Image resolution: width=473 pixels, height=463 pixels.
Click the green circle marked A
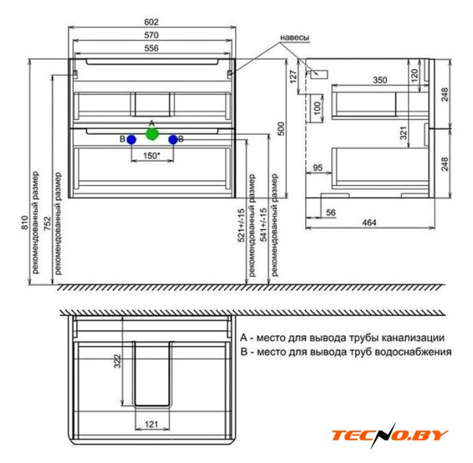[152, 134]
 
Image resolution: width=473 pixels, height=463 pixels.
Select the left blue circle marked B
[132, 140]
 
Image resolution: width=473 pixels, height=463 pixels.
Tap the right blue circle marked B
[173, 140]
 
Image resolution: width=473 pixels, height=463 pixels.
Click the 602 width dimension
[151, 22]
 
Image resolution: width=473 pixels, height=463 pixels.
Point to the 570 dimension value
[151, 35]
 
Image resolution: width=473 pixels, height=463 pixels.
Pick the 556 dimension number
[151, 48]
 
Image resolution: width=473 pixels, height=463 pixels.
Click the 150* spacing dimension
[151, 156]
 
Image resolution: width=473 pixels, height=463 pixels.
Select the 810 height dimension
[25, 222]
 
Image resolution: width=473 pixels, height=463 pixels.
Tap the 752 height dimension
[48, 224]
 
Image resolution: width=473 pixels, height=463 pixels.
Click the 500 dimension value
[281, 129]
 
